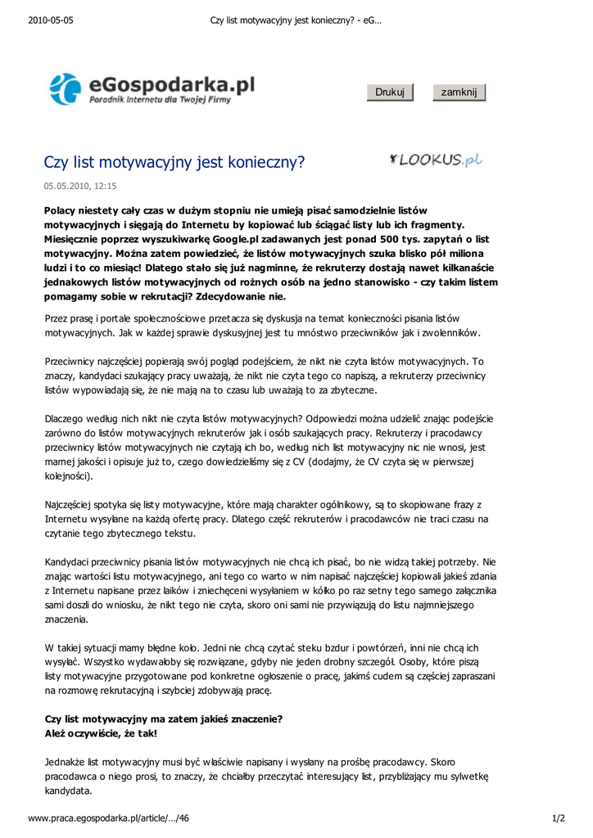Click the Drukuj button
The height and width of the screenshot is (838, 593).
pos(390,92)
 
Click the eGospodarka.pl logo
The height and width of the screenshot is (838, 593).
pos(152,88)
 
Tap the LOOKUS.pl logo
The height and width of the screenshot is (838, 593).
pos(436,160)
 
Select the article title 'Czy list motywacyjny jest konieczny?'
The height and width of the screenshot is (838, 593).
pos(174,162)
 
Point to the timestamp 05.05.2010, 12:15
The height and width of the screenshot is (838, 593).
pos(80,186)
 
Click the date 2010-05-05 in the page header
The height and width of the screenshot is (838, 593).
pos(51,20)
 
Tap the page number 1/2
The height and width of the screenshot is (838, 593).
pos(559,818)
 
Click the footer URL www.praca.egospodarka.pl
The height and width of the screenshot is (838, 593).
pos(109,818)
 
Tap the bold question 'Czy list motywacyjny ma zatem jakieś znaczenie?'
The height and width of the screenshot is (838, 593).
pos(164,719)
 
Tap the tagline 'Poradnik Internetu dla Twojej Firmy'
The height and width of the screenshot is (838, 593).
pos(161,100)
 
